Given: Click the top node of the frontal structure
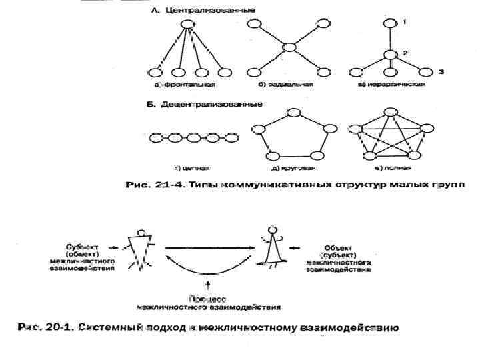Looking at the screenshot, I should click(x=188, y=25).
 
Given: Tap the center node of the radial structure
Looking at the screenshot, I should click(x=289, y=47).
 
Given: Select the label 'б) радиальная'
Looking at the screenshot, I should click(x=288, y=85).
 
